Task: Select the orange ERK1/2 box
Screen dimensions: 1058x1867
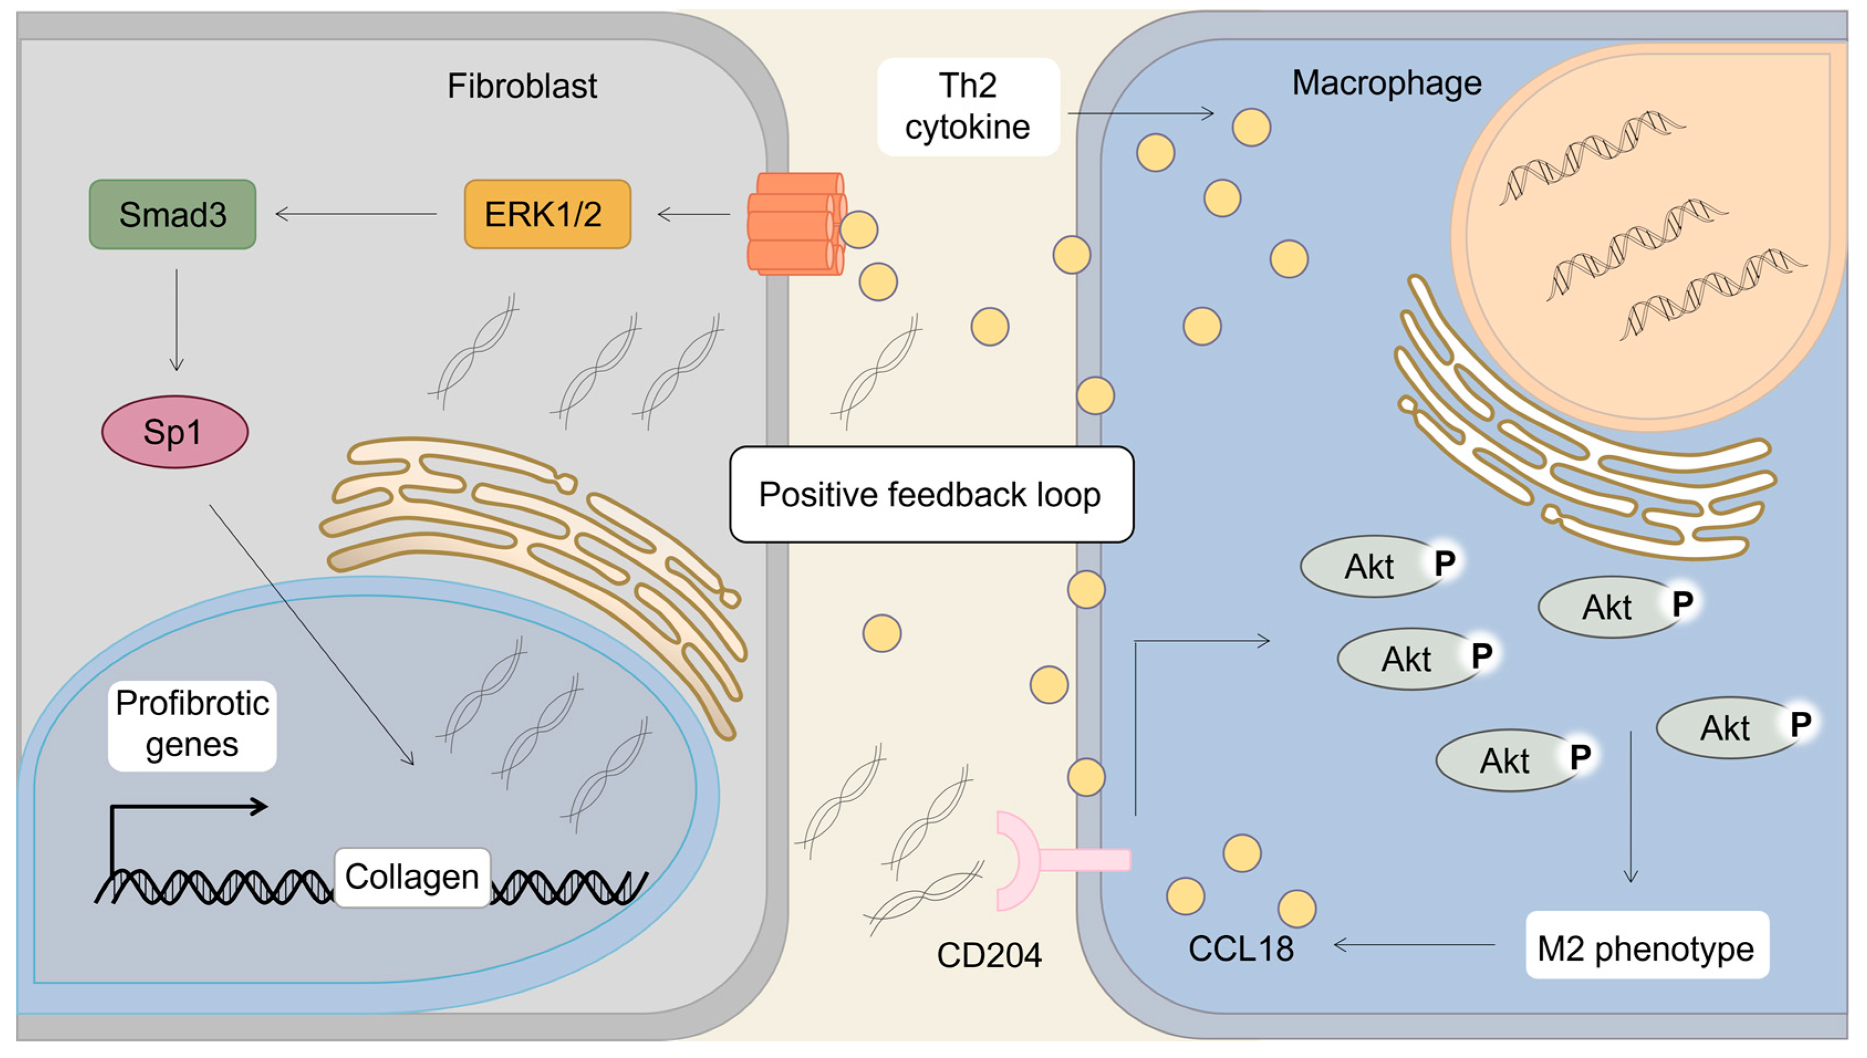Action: pos(547,215)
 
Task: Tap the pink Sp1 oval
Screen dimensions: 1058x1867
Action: pos(174,431)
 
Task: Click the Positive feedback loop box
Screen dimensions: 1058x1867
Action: pos(931,494)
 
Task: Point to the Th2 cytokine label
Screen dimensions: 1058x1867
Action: pos(968,107)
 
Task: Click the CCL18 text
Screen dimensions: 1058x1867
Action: pos(1241,949)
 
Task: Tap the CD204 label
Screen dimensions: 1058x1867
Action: pos(989,955)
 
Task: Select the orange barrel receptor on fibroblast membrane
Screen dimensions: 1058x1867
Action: pos(794,224)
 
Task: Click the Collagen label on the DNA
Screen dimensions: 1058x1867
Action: pos(412,877)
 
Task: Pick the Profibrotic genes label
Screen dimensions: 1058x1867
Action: pos(192,725)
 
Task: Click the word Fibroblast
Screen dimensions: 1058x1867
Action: pos(522,86)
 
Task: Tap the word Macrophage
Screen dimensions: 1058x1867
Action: pos(1386,83)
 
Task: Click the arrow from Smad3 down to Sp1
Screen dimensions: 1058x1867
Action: pos(176,320)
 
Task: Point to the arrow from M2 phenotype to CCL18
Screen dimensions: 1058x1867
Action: pos(1413,945)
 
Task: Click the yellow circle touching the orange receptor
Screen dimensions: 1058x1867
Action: pos(859,230)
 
